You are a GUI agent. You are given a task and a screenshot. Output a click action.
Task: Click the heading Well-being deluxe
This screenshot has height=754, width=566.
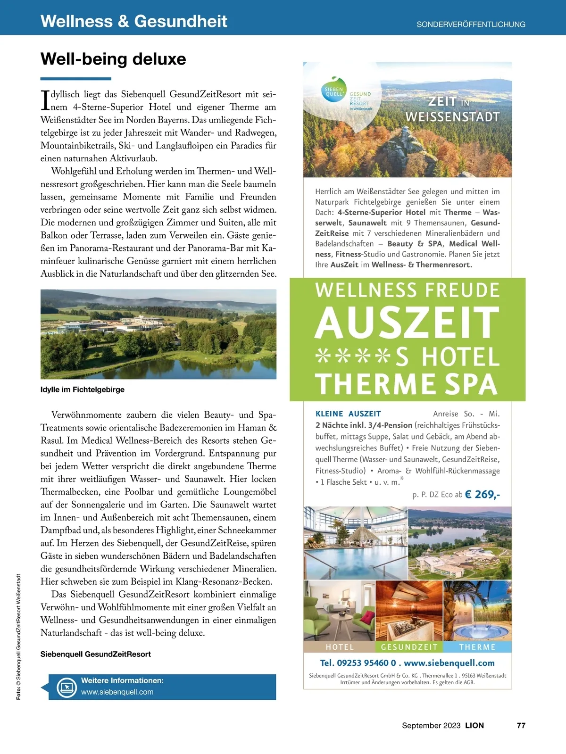[x=113, y=59]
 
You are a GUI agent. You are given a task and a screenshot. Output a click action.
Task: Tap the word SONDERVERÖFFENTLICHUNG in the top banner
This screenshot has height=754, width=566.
[x=471, y=25]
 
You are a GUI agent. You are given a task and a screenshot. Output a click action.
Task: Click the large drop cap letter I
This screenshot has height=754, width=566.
[x=45, y=99]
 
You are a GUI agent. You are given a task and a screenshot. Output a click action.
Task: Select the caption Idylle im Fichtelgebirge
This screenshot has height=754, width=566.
[x=83, y=389]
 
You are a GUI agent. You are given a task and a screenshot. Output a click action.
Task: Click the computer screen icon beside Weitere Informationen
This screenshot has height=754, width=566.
[x=67, y=687]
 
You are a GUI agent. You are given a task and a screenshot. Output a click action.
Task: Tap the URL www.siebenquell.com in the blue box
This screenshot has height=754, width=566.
[x=117, y=692]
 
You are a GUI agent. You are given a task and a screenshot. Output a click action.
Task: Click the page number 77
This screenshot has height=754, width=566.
[x=521, y=725]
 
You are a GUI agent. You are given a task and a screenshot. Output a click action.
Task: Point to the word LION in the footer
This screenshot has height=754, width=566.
[x=474, y=725]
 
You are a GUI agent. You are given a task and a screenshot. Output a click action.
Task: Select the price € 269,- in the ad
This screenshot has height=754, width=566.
[x=482, y=494]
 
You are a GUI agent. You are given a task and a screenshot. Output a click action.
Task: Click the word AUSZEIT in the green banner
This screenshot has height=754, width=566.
[x=407, y=323]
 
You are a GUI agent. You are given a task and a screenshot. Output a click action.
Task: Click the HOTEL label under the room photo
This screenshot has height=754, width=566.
[x=340, y=647]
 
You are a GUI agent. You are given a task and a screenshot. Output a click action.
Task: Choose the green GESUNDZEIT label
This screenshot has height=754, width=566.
[x=409, y=647]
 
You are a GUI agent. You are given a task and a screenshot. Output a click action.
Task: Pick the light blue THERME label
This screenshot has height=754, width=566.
[x=477, y=647]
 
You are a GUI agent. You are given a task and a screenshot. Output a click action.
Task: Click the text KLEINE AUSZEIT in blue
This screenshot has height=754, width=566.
[x=348, y=414]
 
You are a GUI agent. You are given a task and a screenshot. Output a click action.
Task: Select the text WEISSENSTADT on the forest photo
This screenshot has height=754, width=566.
[x=452, y=117]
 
